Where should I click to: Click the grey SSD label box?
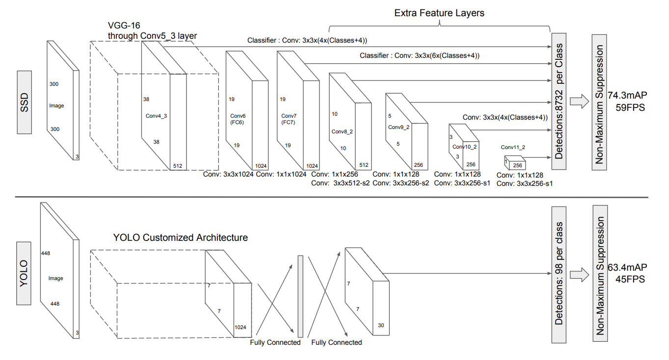pos(25,103)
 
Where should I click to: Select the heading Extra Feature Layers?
pos(439,13)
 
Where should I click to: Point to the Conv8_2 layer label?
pos(343,131)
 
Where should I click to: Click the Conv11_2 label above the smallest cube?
pos(513,147)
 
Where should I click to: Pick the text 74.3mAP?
pos(627,95)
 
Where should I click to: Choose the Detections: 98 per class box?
pos(559,274)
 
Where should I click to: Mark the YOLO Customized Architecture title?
pos(180,238)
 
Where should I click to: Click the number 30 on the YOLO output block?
pos(381,325)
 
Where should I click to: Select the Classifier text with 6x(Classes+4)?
pos(419,56)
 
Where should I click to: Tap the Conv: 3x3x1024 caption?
pos(228,174)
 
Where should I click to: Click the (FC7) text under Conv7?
pos(285,123)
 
